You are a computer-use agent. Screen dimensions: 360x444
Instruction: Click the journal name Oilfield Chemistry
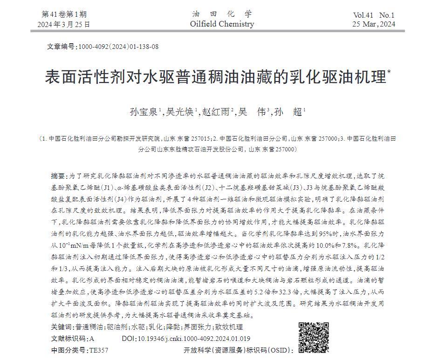pos(222,24)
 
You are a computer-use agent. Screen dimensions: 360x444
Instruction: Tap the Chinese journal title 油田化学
pos(222,14)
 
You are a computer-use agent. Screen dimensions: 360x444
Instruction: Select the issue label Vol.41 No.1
pos(374,15)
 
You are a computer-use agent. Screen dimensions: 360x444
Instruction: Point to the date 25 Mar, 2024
pos(374,24)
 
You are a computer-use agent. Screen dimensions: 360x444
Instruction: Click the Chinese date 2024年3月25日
pos(64,24)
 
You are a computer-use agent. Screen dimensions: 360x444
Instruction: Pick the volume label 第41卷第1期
pos(64,14)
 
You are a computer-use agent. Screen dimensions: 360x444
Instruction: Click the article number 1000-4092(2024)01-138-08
pos(118,47)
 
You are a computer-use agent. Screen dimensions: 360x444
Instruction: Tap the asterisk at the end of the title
pos(389,72)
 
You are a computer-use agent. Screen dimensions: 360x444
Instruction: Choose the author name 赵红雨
pos(217,112)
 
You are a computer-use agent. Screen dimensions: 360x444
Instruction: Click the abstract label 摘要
pos(58,176)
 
